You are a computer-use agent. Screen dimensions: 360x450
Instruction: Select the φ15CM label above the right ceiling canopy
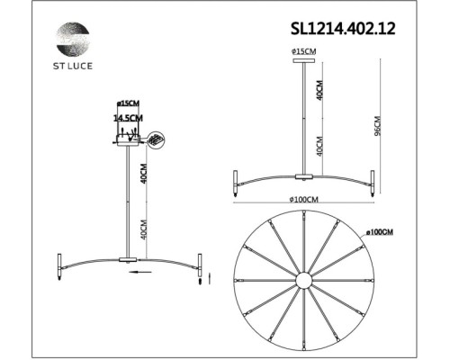click(x=303, y=52)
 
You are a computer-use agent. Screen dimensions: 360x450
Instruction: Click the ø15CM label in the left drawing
click(x=126, y=104)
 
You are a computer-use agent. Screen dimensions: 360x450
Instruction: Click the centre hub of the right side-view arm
click(x=303, y=175)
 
